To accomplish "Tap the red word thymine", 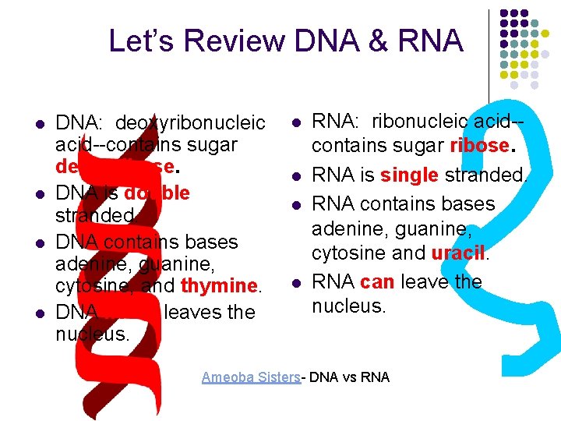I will pyautogui.click(x=219, y=286).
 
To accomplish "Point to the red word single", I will pyautogui.click(x=410, y=175).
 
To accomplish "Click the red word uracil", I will pyautogui.click(x=457, y=253).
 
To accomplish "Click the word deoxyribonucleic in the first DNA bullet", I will pyautogui.click(x=190, y=123).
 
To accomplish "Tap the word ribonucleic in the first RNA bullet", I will pyautogui.click(x=421, y=121).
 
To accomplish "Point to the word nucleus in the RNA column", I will pyautogui.click(x=348, y=306).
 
